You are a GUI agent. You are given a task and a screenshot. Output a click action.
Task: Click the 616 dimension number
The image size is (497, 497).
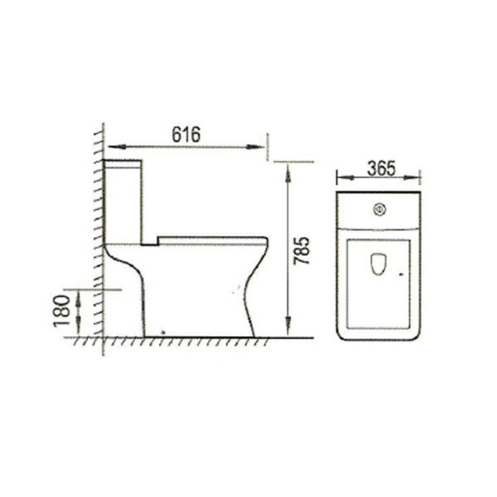186,134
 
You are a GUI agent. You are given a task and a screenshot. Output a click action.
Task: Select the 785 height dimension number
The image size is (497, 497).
301,250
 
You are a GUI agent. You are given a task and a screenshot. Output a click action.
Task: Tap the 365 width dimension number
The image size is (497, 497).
381,168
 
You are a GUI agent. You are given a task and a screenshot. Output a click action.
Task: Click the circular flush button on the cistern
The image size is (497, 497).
379,209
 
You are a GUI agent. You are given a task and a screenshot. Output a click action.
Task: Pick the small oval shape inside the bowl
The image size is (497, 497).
378,263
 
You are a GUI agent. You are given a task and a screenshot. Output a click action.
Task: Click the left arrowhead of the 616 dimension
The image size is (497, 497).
117,147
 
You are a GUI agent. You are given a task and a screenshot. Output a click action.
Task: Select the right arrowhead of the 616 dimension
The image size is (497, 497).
255,147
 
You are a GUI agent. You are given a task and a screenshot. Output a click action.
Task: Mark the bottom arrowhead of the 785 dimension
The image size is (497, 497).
288,326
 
